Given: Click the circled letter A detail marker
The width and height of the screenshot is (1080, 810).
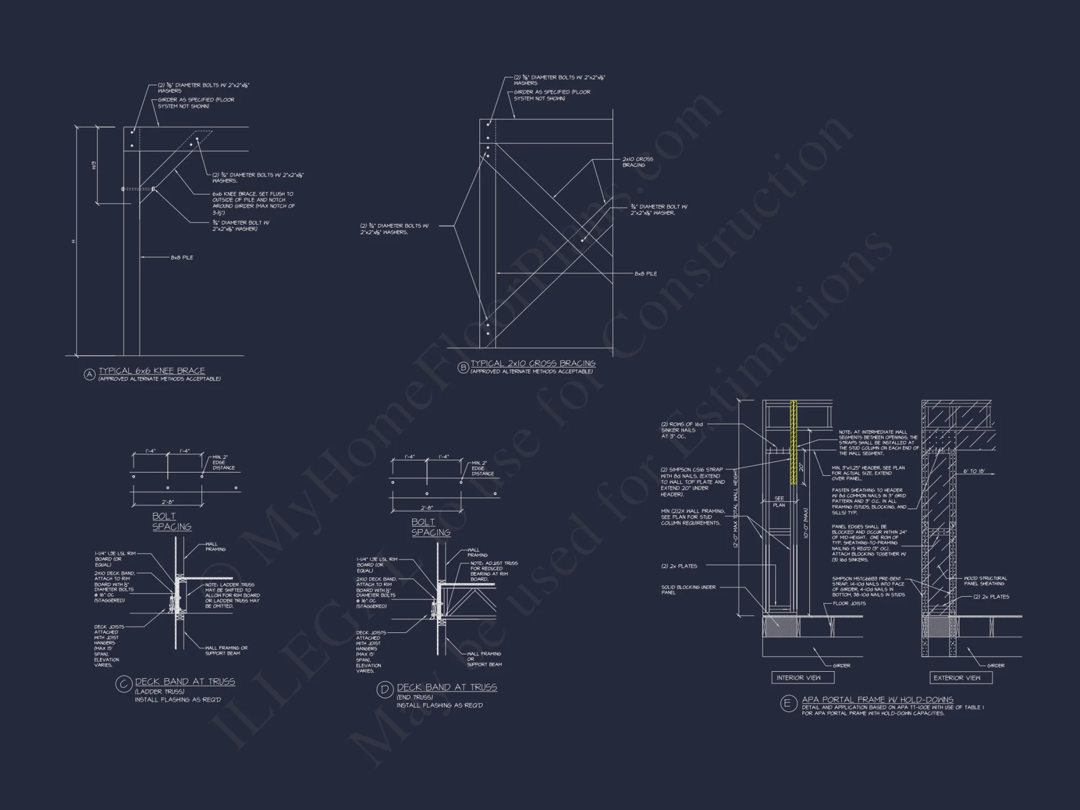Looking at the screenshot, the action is click(90, 374).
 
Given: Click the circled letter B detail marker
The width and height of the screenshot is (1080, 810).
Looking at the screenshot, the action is click(463, 368).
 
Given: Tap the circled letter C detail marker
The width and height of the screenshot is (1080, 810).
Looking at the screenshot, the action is click(124, 685).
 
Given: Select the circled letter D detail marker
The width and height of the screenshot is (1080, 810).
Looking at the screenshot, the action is click(385, 690).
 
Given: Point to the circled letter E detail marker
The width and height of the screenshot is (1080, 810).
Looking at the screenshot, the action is click(788, 704).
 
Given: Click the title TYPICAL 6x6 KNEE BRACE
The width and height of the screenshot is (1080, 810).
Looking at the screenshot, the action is click(152, 371).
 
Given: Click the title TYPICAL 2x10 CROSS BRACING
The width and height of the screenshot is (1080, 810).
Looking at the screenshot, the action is click(533, 363).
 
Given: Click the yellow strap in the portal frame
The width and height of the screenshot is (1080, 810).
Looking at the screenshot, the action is click(794, 443).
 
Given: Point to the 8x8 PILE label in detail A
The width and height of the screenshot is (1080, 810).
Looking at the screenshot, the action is click(182, 258).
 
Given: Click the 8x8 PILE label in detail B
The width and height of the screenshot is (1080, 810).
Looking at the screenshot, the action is click(646, 274).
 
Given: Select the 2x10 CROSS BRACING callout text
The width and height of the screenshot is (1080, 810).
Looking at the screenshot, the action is click(637, 162).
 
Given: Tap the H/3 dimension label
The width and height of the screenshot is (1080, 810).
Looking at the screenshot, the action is click(93, 166).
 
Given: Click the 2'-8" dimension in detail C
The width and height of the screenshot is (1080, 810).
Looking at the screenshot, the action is click(167, 502).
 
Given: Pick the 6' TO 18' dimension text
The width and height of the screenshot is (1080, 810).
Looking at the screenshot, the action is click(974, 471).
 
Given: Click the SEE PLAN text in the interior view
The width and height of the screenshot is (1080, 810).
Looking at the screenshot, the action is click(779, 502).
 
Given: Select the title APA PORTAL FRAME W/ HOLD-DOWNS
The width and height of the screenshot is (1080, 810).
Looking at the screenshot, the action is click(878, 699).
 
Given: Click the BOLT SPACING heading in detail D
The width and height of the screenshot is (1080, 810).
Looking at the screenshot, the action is click(430, 527).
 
